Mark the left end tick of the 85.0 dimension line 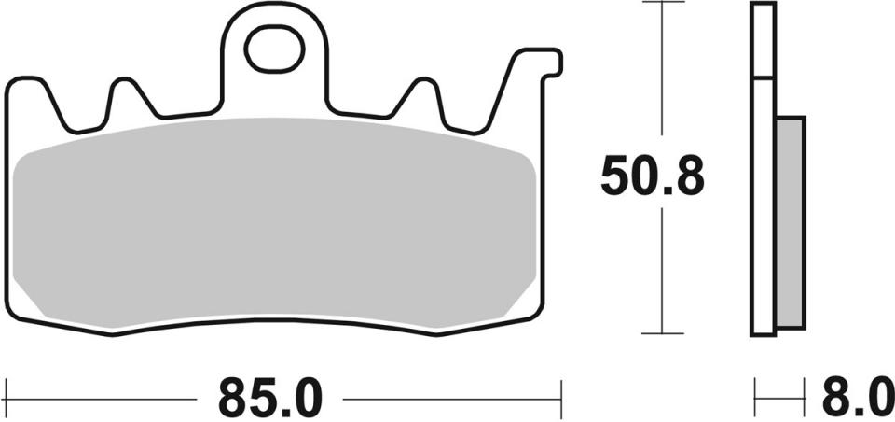click(x=7, y=399)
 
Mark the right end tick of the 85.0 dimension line click(x=560, y=399)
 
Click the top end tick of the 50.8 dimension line click(x=661, y=4)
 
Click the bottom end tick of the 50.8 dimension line click(x=661, y=333)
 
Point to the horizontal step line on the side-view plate click(x=763, y=77)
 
